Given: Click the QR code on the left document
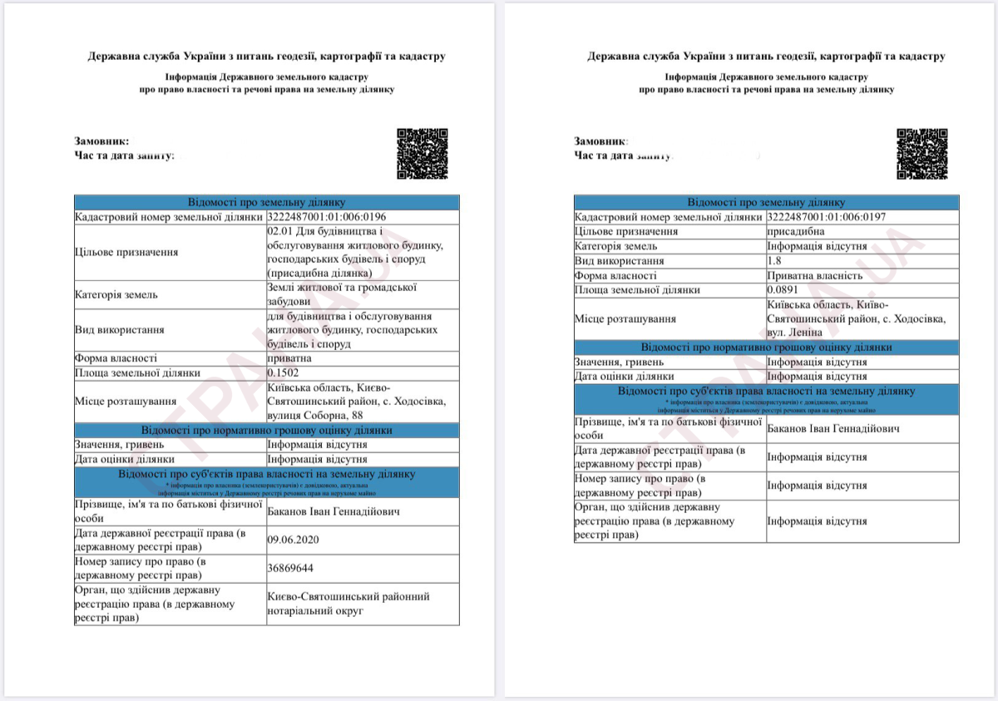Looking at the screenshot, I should tap(422, 154).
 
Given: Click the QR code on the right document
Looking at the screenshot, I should tap(921, 154).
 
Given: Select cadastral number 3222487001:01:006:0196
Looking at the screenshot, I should tap(327, 217).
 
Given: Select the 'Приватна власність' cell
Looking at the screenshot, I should tap(814, 275).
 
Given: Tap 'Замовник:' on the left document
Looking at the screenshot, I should tap(101, 141).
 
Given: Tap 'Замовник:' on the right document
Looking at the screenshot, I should tap(600, 141).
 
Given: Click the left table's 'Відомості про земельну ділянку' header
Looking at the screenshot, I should tap(266, 202).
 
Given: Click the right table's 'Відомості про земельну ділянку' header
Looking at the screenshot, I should tap(766, 202).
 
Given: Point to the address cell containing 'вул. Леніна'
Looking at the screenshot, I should tap(856, 318).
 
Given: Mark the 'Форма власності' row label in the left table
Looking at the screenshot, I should tap(116, 358).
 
